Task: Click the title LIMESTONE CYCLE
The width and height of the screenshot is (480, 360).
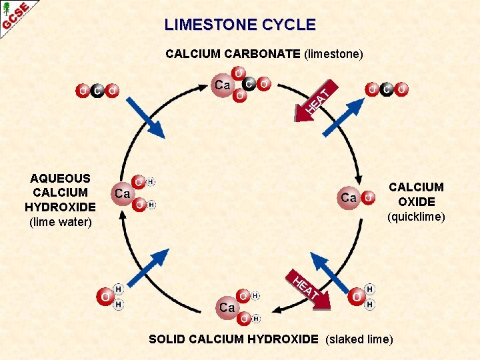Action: pos(240,25)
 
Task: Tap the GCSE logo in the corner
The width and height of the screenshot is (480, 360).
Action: pos(15,15)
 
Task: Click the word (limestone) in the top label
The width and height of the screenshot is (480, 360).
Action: pos(333,54)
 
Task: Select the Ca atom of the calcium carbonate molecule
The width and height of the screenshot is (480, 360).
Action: pos(223,85)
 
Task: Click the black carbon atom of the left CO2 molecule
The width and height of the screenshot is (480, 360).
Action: pos(98,90)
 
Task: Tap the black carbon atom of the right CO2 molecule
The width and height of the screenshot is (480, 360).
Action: pos(387,89)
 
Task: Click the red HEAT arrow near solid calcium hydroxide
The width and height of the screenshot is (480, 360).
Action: pos(309,289)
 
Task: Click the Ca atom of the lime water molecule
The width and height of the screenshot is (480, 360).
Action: pos(123,193)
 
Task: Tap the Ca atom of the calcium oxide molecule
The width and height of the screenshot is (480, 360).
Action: pos(349,197)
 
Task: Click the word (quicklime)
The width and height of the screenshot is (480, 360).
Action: pos(416,217)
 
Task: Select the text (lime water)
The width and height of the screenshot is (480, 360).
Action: pos(60,222)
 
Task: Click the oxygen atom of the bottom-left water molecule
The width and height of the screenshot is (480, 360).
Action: pos(105,296)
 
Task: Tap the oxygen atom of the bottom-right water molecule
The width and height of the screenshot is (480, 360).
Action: pos(357,296)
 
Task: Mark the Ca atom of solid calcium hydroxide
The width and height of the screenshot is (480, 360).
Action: pos(227,307)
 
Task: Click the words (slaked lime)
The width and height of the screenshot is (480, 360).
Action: pos(359,339)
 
